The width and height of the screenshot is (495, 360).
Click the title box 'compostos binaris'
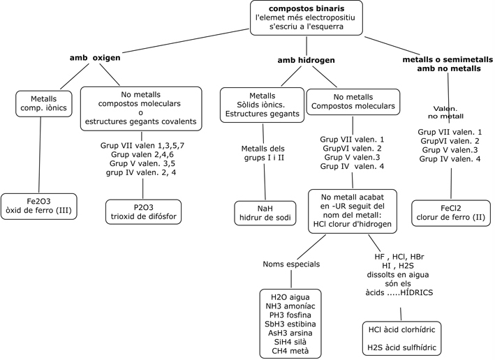click(x=306, y=17)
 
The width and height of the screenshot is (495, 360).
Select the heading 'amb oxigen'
click(x=95, y=58)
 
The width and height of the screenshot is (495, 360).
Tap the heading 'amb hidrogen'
click(x=306, y=60)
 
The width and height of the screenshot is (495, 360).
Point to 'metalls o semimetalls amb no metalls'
click(x=448, y=64)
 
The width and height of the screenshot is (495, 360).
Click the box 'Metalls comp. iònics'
click(x=44, y=104)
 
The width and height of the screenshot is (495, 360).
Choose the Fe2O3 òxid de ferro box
click(x=39, y=207)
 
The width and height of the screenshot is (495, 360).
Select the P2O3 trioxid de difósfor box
click(x=143, y=211)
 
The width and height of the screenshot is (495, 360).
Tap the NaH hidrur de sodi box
click(x=265, y=213)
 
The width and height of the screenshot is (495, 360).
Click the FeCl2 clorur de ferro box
click(x=451, y=213)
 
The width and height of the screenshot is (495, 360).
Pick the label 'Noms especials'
click(x=291, y=264)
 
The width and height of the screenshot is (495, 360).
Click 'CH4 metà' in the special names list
click(x=290, y=351)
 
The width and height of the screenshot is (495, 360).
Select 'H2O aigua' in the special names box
click(x=290, y=297)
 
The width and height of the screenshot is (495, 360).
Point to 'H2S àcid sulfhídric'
click(x=402, y=347)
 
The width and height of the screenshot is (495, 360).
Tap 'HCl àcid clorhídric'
click(x=402, y=330)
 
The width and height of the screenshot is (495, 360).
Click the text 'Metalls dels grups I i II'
click(x=263, y=153)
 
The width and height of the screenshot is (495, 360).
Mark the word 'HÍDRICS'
click(x=416, y=292)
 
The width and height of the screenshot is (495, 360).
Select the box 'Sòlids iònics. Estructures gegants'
click(x=262, y=105)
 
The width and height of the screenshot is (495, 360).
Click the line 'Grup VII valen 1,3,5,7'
click(x=142, y=145)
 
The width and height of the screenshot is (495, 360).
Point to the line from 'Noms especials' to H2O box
click(x=291, y=279)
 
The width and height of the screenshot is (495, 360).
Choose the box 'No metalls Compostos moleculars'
click(x=353, y=102)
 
